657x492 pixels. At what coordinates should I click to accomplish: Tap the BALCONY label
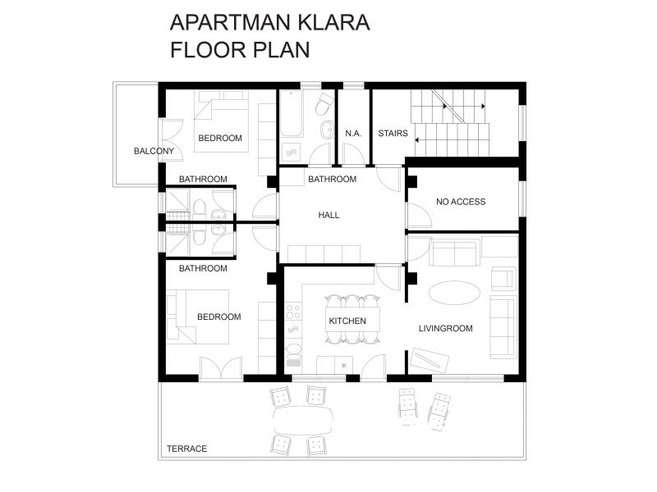click(154, 151)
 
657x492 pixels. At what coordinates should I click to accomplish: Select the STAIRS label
click(393, 133)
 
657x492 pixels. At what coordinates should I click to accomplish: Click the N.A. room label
click(353, 133)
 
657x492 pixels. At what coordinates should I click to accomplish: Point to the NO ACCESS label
click(461, 201)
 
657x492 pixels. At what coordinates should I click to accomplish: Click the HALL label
click(328, 215)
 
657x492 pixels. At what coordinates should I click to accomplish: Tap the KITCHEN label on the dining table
click(347, 321)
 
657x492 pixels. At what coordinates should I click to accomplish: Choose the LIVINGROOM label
click(446, 329)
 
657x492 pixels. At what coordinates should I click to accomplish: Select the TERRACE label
click(186, 449)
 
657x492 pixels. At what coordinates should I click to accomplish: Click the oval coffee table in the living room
click(453, 293)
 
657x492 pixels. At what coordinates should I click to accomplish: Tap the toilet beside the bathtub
click(324, 104)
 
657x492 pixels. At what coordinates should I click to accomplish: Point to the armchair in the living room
click(502, 277)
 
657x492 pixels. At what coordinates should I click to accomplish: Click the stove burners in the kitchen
click(292, 312)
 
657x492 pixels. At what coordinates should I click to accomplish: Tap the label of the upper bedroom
click(220, 138)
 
